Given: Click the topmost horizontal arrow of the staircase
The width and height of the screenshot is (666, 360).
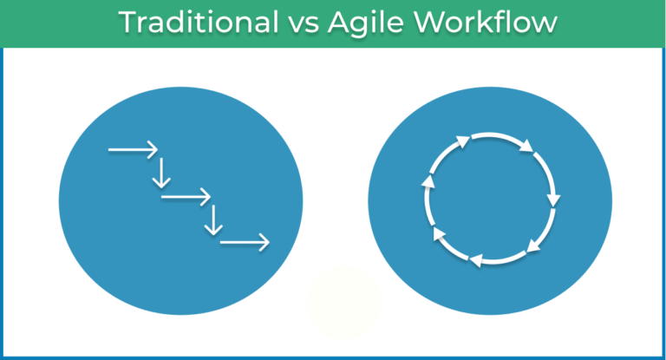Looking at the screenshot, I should (x=133, y=150).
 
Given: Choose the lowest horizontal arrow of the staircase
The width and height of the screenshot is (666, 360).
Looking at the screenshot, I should (x=244, y=243).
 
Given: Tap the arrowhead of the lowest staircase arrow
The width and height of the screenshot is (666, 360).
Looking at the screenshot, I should (x=264, y=243).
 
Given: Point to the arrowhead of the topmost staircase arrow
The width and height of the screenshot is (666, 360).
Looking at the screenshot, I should (x=153, y=150).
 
